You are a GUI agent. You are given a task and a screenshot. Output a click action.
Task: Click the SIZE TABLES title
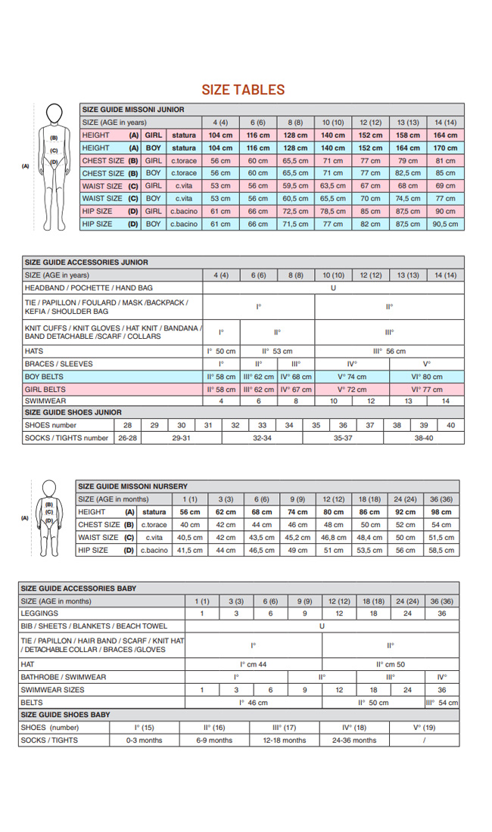[x=243, y=90]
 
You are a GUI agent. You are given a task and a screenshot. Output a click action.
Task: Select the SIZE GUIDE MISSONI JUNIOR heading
[x=132, y=110]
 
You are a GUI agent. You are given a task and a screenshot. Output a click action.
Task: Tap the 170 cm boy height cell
[x=445, y=147]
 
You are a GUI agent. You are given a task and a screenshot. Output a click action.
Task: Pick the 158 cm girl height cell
[x=408, y=135]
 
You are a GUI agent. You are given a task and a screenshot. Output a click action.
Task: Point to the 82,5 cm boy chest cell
[x=408, y=173]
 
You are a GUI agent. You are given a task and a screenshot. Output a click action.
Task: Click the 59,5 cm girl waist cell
[x=295, y=186]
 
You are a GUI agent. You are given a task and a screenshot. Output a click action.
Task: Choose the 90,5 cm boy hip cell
[x=445, y=225]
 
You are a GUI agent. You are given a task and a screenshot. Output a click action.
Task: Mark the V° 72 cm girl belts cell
[x=351, y=390]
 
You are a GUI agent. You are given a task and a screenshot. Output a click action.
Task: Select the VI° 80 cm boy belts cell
[x=427, y=377]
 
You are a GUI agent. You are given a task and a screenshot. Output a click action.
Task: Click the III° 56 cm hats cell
[x=389, y=351]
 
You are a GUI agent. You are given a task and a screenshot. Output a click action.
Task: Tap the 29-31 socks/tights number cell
[x=182, y=438]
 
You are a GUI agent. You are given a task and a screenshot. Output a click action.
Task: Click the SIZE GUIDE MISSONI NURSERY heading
[x=128, y=486]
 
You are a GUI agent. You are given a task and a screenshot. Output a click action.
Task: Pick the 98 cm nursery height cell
[x=441, y=512]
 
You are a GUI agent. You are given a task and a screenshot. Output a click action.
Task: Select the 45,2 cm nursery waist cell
[x=297, y=538]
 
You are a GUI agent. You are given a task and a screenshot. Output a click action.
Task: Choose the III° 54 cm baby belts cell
[x=442, y=703]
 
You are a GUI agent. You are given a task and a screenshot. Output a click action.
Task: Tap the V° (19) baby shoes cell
[x=424, y=728]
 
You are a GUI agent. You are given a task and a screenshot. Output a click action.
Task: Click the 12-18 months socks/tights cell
[x=284, y=740]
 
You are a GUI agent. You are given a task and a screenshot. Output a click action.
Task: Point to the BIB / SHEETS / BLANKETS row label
[x=94, y=626]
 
